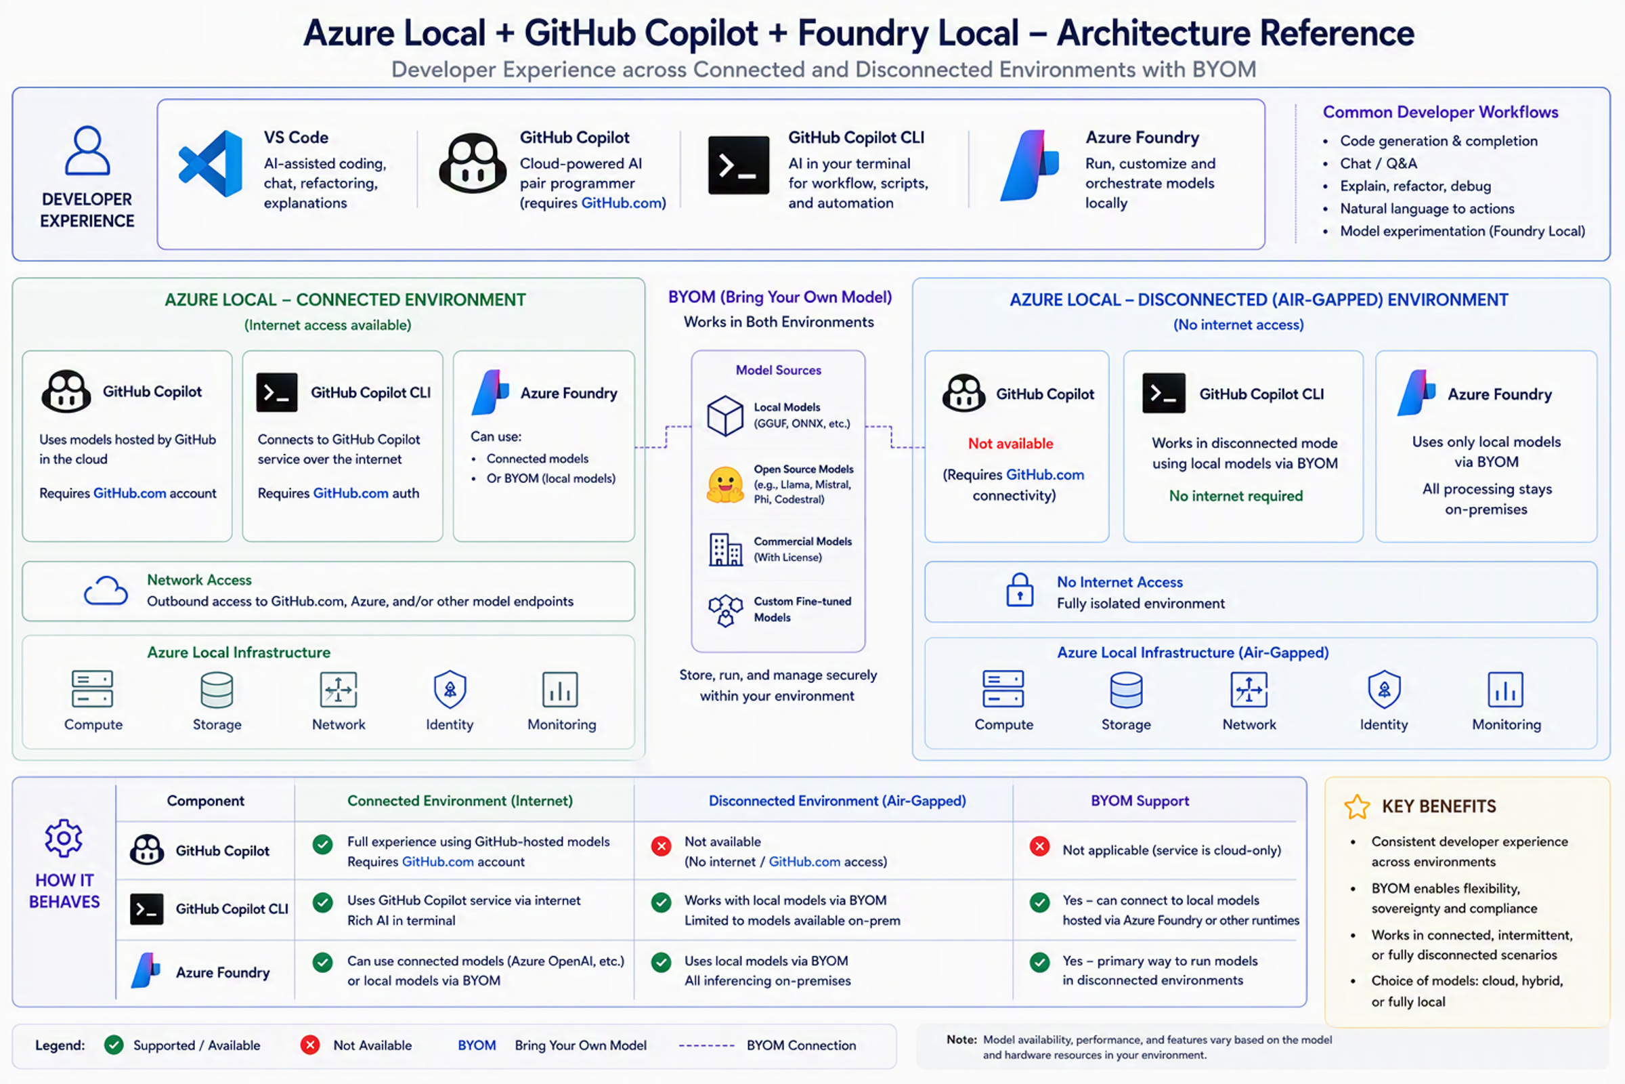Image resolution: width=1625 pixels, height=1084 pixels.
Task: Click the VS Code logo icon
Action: click(211, 164)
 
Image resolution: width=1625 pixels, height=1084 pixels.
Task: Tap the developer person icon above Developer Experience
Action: click(87, 150)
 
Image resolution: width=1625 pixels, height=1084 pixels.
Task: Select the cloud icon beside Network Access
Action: click(106, 590)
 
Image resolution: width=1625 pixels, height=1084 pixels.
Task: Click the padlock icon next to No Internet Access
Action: click(1020, 589)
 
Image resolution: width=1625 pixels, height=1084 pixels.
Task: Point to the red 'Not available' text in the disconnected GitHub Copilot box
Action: click(1011, 444)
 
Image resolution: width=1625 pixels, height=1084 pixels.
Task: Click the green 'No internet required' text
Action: click(1236, 496)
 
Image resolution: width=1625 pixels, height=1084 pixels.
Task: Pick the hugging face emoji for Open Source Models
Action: click(724, 484)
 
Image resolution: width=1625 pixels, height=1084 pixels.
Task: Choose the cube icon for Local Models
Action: click(725, 415)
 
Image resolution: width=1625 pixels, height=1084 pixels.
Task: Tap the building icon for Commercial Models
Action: click(725, 549)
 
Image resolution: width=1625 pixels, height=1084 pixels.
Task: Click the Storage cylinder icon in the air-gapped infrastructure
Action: click(1126, 690)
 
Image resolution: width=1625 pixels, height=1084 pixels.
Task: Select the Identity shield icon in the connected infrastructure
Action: click(450, 689)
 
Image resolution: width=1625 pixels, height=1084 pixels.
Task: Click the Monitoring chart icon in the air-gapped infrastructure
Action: click(1505, 689)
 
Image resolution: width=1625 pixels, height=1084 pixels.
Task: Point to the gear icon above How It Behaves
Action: click(64, 839)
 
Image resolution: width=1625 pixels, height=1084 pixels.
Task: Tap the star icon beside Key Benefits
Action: click(1357, 807)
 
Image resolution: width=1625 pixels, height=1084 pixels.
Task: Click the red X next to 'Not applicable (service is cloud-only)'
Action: click(1040, 846)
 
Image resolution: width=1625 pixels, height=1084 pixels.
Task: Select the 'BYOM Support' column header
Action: click(1140, 801)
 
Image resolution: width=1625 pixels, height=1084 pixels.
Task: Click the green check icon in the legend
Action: click(114, 1045)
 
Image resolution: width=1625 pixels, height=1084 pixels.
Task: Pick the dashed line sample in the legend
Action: click(706, 1045)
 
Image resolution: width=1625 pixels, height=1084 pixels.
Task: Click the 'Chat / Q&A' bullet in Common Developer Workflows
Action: click(1379, 164)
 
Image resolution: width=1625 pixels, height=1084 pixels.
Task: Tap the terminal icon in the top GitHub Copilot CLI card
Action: click(739, 165)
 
